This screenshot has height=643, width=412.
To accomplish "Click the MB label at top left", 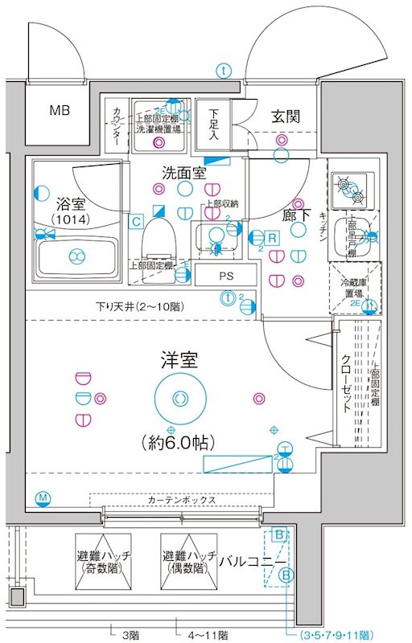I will point(60,110).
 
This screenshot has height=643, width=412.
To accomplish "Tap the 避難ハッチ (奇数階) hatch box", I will point(105,562).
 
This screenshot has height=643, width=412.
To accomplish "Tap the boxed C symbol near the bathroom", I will point(138,220).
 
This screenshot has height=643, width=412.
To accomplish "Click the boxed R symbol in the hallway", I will point(273,237).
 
